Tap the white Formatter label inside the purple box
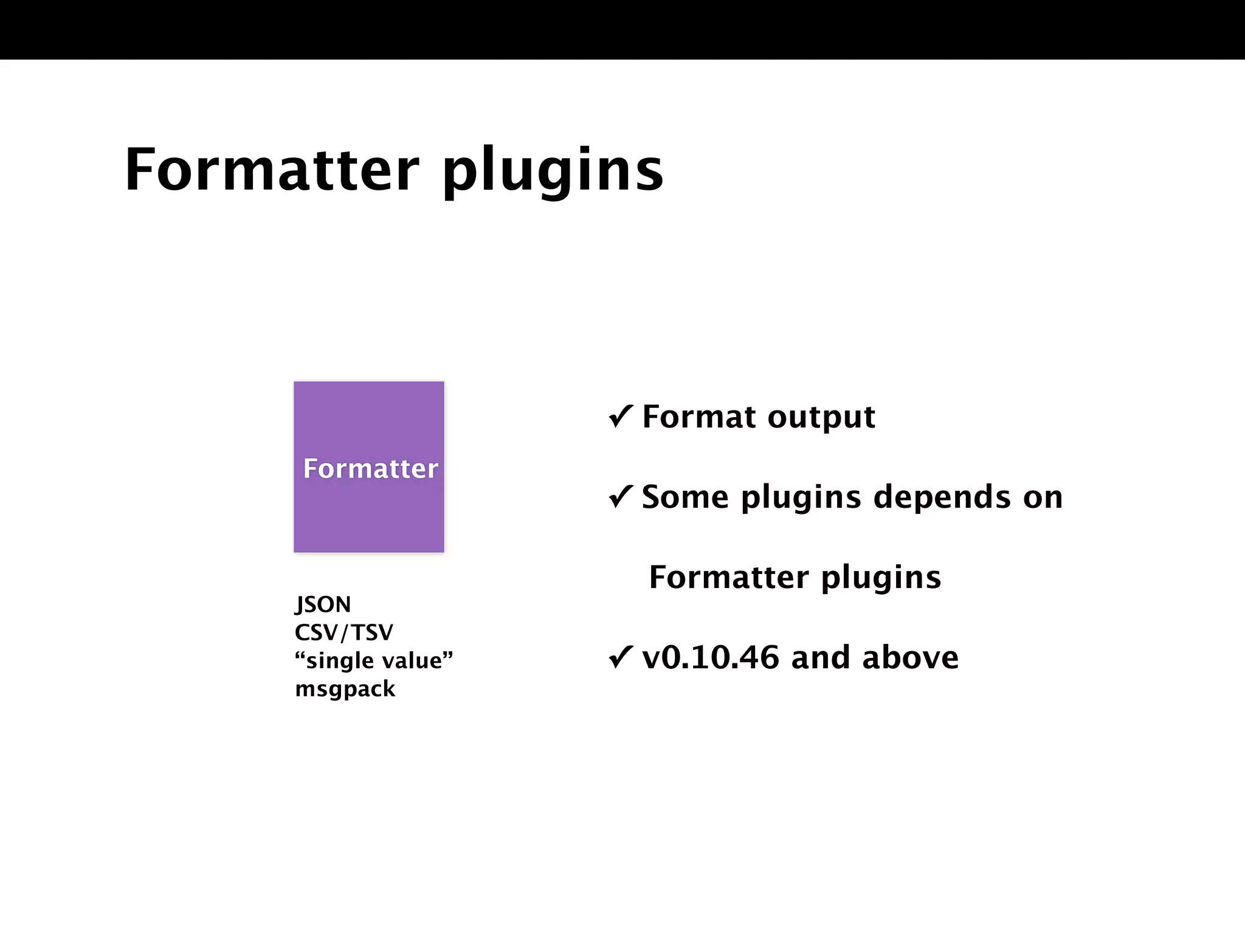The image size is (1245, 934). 370,469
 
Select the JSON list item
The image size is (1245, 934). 323,604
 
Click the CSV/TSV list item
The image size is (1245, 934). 344,632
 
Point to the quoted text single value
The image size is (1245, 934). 374,660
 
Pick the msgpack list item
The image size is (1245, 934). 345,689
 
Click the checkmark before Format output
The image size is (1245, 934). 621,417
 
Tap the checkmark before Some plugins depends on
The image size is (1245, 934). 621,497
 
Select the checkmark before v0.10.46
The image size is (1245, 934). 621,657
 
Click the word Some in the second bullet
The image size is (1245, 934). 685,497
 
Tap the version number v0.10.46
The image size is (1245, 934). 711,657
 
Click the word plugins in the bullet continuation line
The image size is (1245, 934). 881,578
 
